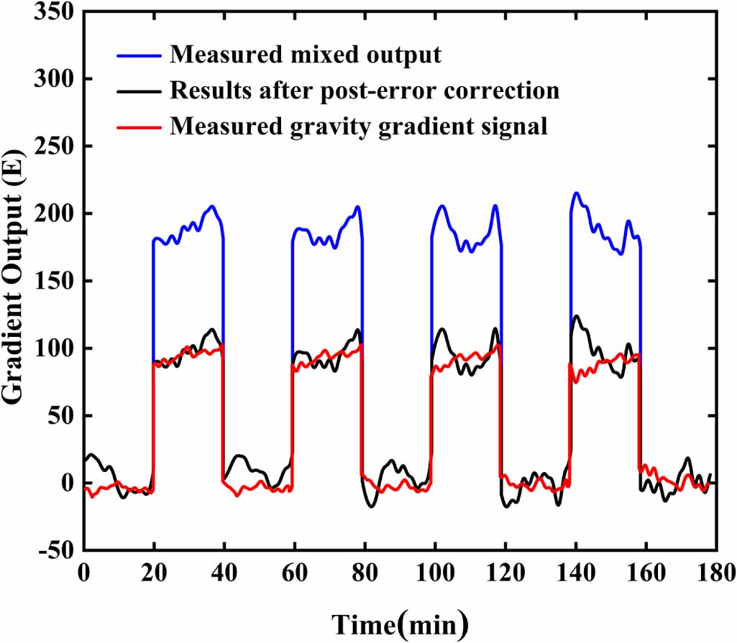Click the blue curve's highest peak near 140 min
[576, 193]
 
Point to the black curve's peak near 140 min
[576, 316]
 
